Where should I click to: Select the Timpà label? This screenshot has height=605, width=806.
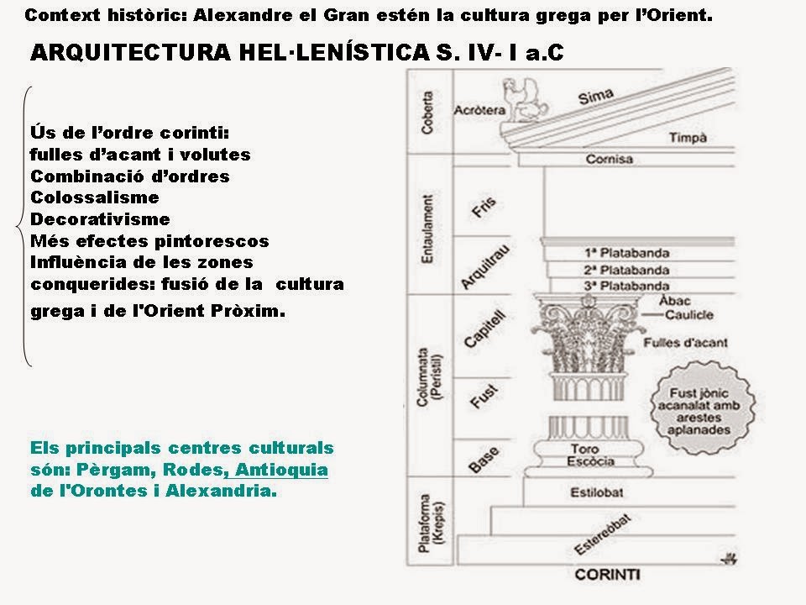pos(688,139)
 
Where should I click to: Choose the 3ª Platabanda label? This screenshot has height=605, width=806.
pos(625,286)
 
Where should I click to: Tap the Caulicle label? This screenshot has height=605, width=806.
pos(688,316)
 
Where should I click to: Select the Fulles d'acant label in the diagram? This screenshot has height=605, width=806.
pos(685,343)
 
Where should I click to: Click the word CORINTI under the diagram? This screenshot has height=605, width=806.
pos(608,575)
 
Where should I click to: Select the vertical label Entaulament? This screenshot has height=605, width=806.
pos(428,230)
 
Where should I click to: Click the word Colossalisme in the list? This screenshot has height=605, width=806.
pos(94,197)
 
